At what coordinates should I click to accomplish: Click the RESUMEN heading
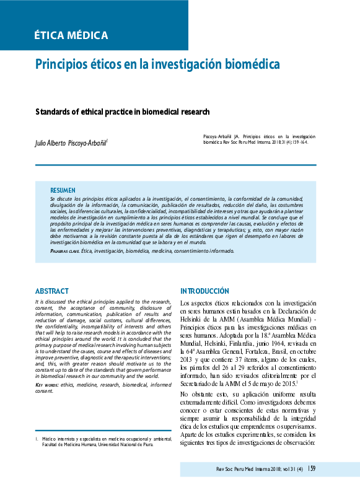pos(63,190)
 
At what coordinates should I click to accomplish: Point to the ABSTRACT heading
pos(51,291)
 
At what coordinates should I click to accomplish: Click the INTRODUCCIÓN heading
pos(204,291)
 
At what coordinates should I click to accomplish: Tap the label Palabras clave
pos(64,251)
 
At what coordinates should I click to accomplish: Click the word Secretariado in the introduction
pos(201,383)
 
